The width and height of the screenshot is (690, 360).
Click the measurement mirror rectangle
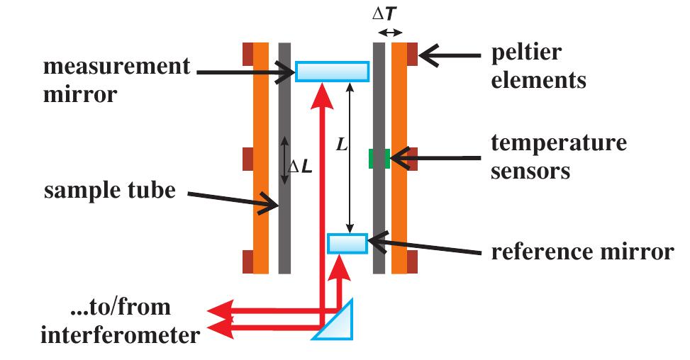tap(332, 72)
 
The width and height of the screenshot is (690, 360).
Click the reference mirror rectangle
tap(347, 243)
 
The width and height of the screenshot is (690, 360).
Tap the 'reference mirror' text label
tap(582, 252)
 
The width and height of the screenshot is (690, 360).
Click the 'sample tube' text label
tap(110, 191)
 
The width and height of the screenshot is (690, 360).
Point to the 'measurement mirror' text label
tap(117, 79)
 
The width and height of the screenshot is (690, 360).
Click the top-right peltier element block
tap(412, 53)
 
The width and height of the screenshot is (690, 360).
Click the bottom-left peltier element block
tap(247, 261)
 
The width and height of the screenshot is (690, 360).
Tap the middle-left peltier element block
tap(247, 157)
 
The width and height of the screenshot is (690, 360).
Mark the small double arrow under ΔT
tap(389, 31)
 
